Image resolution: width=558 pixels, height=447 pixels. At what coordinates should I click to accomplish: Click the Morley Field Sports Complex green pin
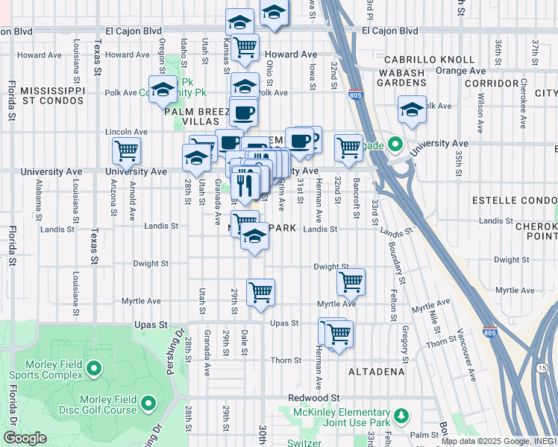94,368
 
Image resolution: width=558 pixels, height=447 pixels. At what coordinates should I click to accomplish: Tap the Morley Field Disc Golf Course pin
148,405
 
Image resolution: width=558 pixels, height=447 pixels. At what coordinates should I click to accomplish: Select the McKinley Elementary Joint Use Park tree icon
401,415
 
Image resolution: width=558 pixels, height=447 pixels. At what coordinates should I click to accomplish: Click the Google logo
25,438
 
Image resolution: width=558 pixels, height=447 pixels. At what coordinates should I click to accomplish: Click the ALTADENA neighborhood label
376,371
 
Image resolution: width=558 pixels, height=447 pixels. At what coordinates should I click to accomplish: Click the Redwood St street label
314,398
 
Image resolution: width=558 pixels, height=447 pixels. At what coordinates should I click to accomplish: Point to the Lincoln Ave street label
127,131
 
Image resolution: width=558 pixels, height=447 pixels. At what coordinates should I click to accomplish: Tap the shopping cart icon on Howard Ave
245,47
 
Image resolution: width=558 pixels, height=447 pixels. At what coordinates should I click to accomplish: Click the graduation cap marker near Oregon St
162,90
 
